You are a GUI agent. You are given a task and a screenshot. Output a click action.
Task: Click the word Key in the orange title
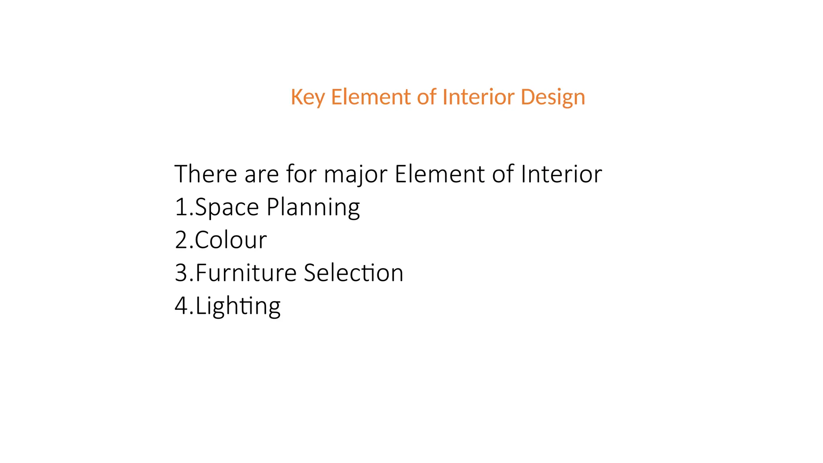tap(307, 97)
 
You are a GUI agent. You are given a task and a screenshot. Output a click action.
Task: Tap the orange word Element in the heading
tap(371, 97)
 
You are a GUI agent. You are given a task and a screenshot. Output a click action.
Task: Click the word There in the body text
tap(206, 174)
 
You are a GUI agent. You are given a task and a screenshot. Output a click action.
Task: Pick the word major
tap(355, 175)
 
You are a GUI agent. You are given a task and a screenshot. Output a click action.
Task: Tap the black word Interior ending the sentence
tap(561, 174)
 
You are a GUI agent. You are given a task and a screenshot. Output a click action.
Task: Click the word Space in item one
tap(227, 208)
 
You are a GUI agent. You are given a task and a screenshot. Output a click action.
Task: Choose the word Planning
tap(313, 208)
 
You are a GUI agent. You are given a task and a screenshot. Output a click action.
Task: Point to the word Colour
tap(231, 240)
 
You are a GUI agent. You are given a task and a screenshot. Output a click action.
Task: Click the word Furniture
tap(246, 273)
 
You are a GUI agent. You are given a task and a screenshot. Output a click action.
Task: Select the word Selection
tap(353, 273)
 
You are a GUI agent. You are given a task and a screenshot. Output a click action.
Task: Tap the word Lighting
tap(238, 306)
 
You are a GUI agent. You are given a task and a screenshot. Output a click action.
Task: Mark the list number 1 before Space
tap(181, 208)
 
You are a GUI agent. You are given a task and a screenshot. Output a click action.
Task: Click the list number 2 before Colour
tap(181, 240)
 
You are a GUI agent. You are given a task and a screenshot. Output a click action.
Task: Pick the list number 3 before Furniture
tap(181, 273)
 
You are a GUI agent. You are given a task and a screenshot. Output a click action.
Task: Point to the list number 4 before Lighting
tap(182, 306)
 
